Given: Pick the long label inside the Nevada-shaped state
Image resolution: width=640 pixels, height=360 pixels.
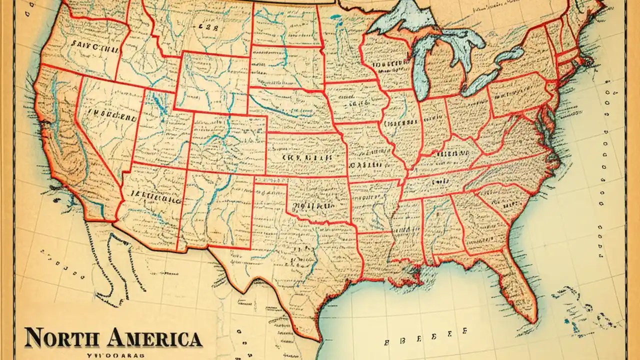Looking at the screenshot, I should click(112, 115).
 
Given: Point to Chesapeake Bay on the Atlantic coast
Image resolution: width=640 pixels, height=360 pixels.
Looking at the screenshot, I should click(550, 120).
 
